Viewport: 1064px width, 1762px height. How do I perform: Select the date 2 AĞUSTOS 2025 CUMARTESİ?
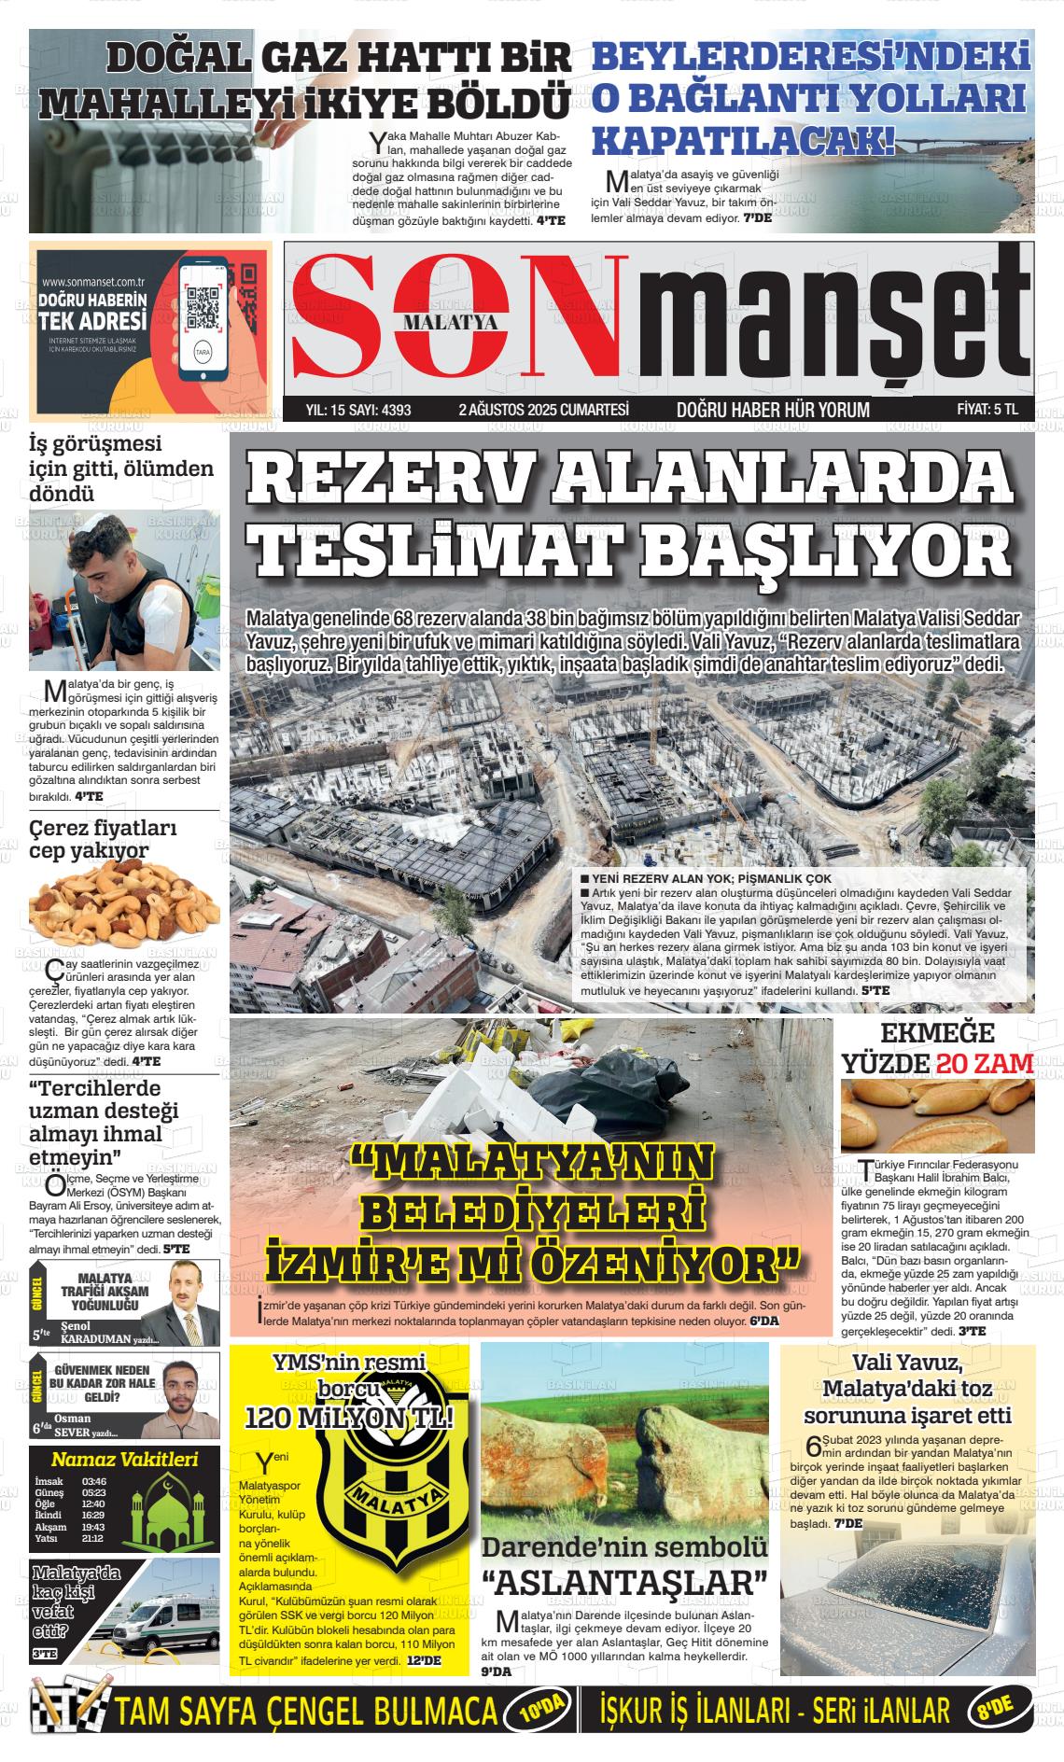(x=543, y=409)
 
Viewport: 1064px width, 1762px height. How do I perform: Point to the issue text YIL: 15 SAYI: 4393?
(x=358, y=409)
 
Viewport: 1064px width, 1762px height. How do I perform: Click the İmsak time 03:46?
(x=93, y=1481)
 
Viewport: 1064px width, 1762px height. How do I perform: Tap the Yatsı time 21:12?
(x=92, y=1539)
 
